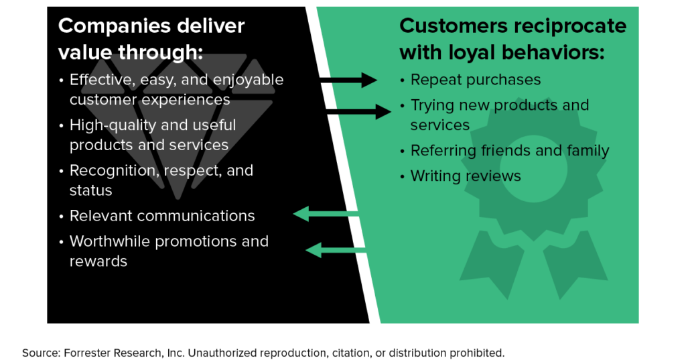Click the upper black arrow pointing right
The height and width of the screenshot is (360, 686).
[349, 80]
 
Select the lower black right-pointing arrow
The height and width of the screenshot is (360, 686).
[358, 110]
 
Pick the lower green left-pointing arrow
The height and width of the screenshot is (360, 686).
[336, 250]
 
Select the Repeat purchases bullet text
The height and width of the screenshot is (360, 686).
[476, 80]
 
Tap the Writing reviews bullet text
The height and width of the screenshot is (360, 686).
[466, 176]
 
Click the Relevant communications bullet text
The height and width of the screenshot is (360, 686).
[162, 216]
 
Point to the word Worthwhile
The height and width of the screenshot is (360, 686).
[110, 241]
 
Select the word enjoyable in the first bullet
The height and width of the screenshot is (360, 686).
[248, 80]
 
